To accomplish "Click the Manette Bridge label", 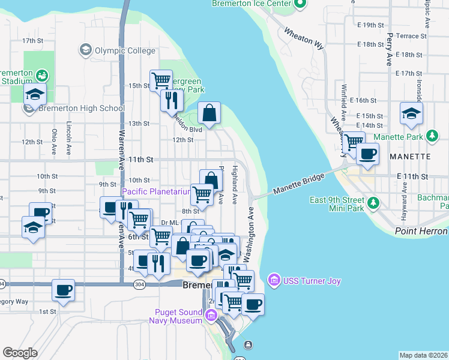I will pos(298,184).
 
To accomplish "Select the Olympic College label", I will pos(125,50).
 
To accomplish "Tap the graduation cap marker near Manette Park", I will pos(411,113).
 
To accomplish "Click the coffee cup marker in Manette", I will pos(367,153).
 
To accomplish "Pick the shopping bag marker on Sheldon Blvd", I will pos(209,113).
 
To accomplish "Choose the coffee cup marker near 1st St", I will pos(63,290).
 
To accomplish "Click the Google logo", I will pos(20,353).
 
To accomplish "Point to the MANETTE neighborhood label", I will pos(410,156).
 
